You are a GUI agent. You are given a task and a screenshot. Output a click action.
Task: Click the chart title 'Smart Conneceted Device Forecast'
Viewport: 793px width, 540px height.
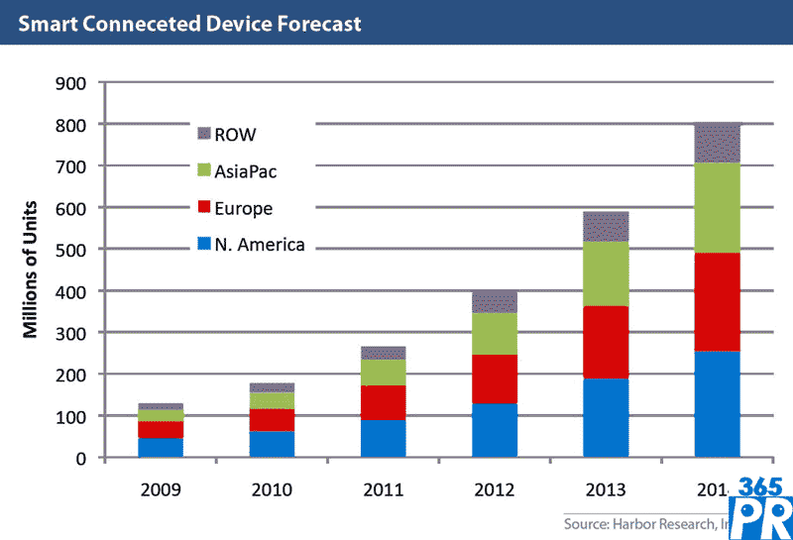(187, 22)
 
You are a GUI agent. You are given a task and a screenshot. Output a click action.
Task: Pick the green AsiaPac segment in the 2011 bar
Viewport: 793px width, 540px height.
(383, 372)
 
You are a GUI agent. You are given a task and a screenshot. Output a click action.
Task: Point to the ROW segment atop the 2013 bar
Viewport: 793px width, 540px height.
(605, 226)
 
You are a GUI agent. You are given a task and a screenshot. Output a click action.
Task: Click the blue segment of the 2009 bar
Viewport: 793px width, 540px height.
(160, 447)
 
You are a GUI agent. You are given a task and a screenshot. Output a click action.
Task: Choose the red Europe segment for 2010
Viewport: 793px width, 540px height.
(271, 419)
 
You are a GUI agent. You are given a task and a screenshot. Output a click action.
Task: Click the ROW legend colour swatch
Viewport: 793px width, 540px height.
(205, 134)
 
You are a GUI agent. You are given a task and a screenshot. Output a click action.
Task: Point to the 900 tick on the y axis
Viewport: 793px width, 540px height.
(74, 83)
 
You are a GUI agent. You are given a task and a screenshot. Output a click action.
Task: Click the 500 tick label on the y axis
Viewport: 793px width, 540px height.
(74, 250)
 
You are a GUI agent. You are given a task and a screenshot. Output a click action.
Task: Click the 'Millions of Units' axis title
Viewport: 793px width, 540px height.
(32, 270)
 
